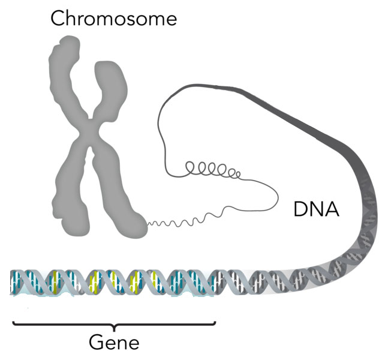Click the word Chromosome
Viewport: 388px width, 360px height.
(x=113, y=18)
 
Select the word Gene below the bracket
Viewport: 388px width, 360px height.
(x=113, y=343)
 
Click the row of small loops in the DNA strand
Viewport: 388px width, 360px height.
(x=213, y=169)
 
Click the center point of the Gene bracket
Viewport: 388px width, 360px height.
(x=115, y=328)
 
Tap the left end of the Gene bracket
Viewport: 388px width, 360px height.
(x=14, y=322)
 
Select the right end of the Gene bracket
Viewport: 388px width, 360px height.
(x=215, y=322)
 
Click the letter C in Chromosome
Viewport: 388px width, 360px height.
(x=58, y=18)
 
